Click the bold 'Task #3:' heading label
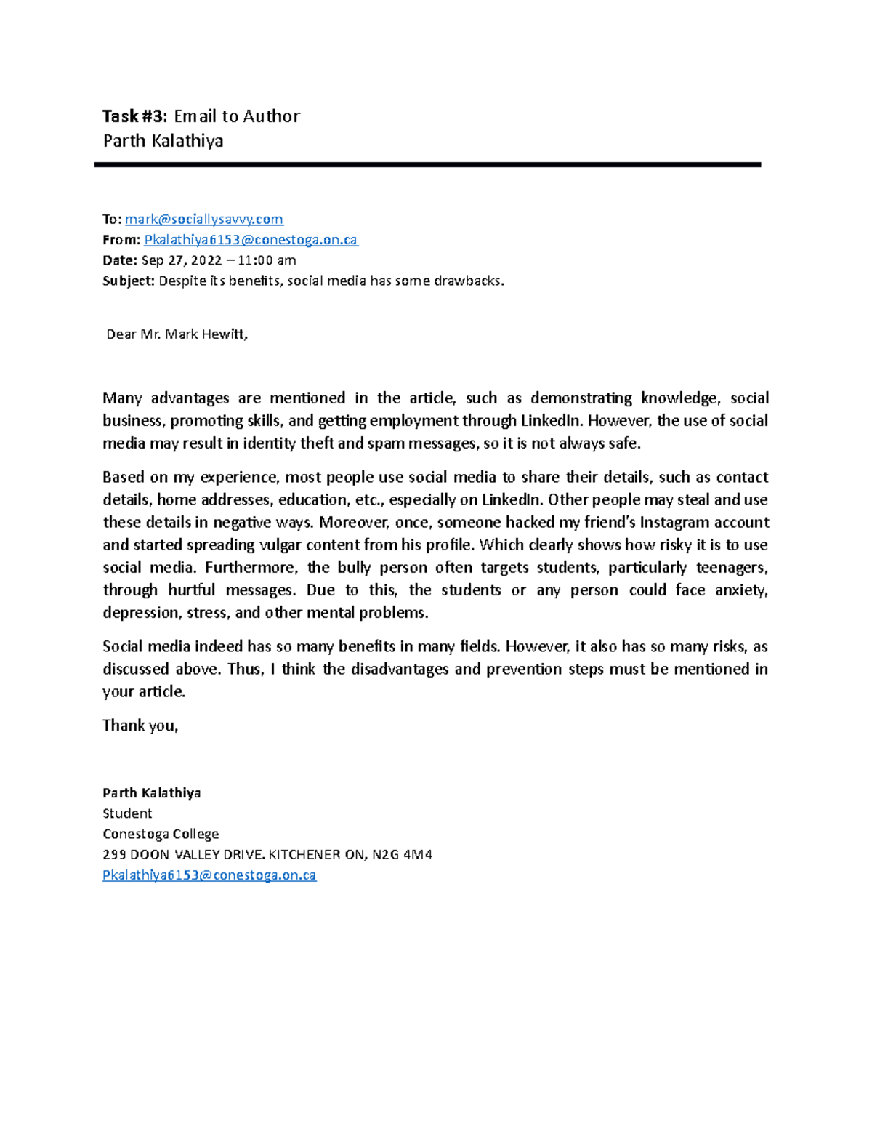coord(135,116)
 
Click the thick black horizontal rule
coord(427,165)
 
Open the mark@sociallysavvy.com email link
coord(204,219)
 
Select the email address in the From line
coord(251,240)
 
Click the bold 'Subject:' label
coord(129,281)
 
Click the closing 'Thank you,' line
coord(140,725)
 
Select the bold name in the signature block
coord(151,792)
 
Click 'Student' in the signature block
coord(127,813)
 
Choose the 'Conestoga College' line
coord(161,834)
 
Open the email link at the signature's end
coord(209,875)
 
